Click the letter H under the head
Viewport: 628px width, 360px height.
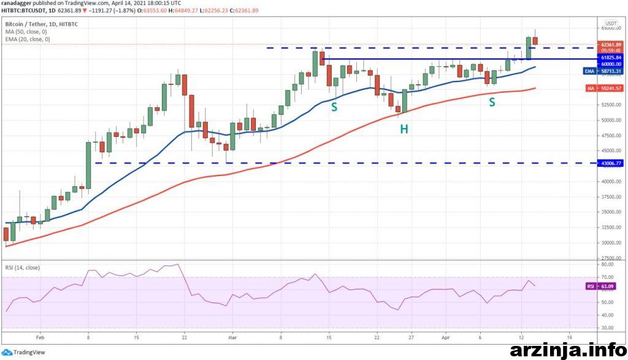pos(404,129)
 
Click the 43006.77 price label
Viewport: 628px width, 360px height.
pos(611,163)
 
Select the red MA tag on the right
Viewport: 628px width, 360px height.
pos(589,88)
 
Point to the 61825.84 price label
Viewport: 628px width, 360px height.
pos(611,57)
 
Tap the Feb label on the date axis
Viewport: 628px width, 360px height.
pos(40,337)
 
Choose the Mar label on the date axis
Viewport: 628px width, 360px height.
pos(232,337)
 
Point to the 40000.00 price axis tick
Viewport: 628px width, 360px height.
pos(611,182)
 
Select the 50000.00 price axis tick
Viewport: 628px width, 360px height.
pos(611,120)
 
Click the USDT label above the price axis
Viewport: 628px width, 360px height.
pos(611,22)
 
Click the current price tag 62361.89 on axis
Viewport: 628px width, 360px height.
pos(611,45)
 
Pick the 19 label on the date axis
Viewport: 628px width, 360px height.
pos(569,337)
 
